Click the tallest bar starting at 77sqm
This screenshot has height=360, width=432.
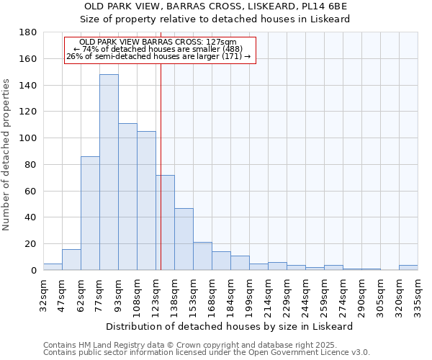(109, 172)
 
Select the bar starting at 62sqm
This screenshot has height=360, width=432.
(90, 213)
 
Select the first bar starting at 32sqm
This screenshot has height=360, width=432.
(53, 267)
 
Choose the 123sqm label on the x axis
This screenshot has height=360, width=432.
(156, 293)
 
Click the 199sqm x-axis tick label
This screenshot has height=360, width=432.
(249, 293)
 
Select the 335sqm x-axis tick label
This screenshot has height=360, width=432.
(418, 293)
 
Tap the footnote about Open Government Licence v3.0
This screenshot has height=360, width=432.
(207, 353)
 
